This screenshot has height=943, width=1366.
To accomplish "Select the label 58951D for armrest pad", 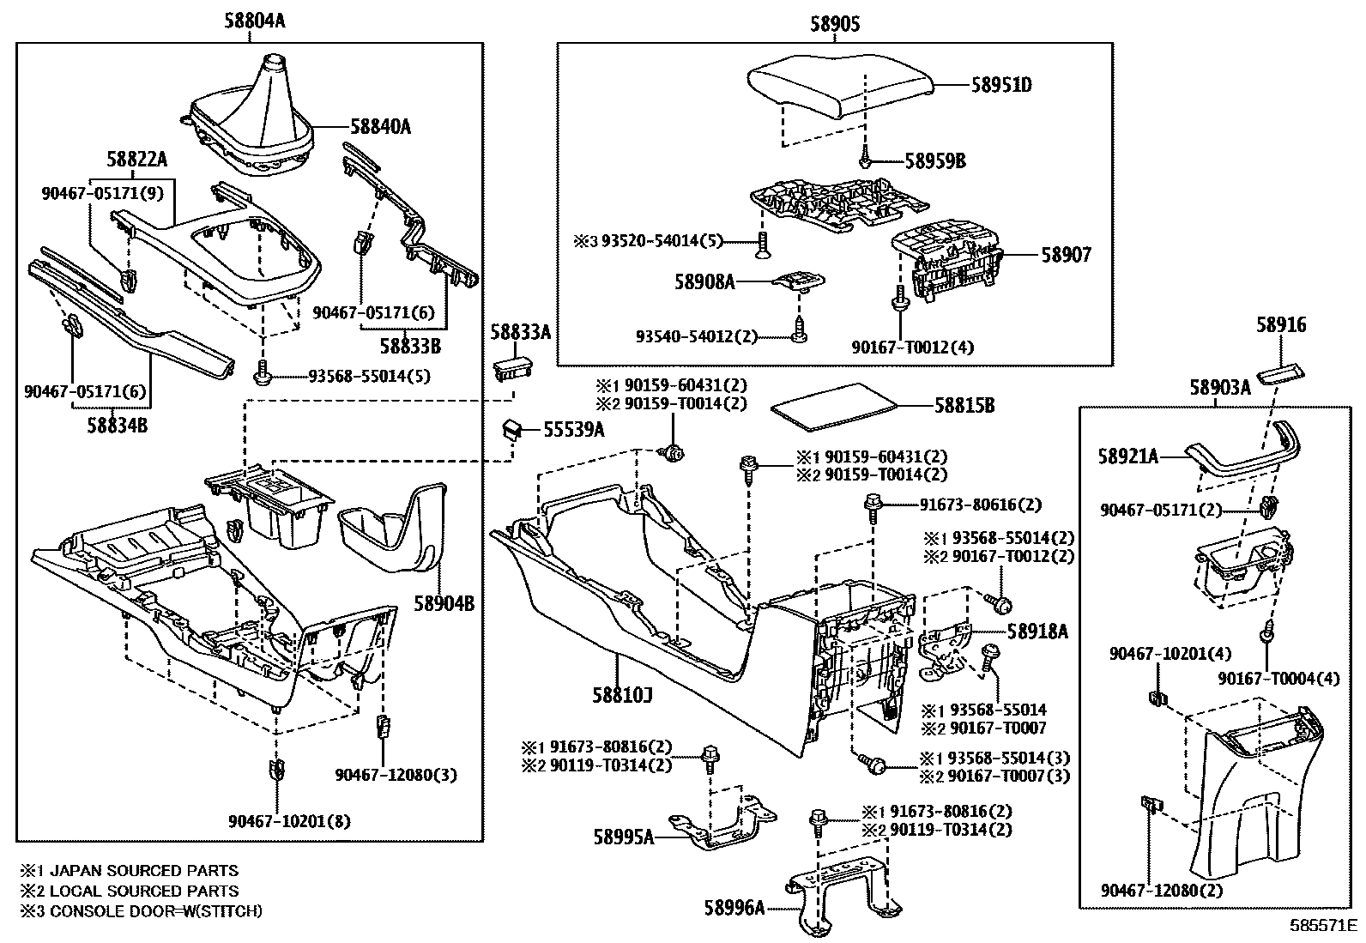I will click(1001, 86).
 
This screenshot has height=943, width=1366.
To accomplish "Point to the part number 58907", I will click(1067, 255).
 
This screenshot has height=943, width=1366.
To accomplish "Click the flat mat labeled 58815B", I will click(829, 404).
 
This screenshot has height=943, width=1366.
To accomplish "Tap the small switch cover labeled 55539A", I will click(513, 428).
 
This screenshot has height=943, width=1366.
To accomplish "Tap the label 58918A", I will click(1037, 632).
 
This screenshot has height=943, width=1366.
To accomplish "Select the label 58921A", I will click(1127, 456).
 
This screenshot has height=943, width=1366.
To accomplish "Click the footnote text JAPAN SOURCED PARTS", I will click(138, 871).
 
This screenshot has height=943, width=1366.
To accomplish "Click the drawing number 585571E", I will click(1326, 926).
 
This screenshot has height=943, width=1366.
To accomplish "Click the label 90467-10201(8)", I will click(290, 821).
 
